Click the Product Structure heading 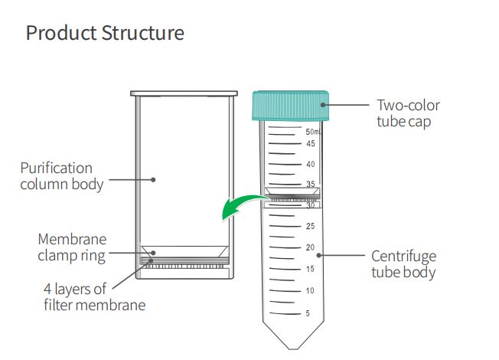coord(105,34)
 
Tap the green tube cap coord(290,106)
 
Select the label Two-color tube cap coord(408,113)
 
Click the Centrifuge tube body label coord(404,263)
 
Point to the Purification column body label coord(62,175)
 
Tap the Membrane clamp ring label coord(72,247)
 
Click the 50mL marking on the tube coord(313,133)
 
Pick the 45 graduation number coord(311,144)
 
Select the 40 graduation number coord(311,165)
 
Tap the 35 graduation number coord(311,185)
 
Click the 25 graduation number coord(311,226)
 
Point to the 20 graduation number coord(311,247)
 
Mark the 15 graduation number coord(311,269)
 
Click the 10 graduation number coord(311,290)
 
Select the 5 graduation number coord(308,313)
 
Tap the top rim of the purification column coord(184,94)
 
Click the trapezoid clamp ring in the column coord(184,251)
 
